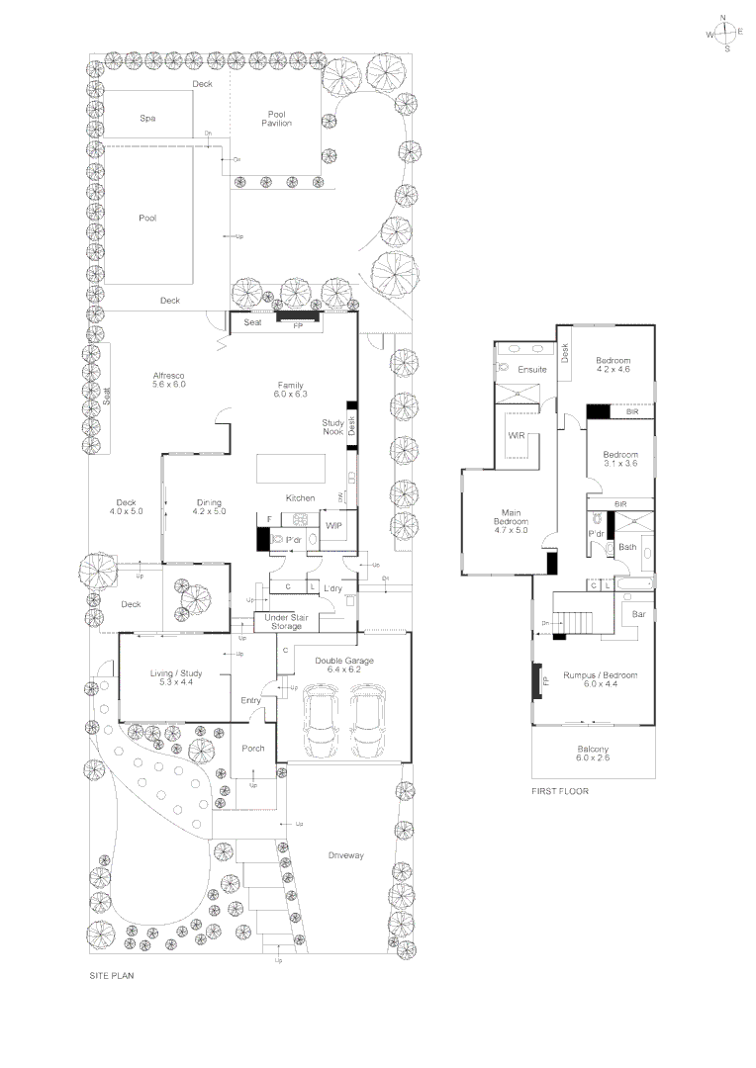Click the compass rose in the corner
pyautogui.click(x=725, y=33)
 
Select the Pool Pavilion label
pyautogui.click(x=276, y=119)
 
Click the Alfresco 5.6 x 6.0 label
pyautogui.click(x=169, y=381)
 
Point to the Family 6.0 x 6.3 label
pyautogui.click(x=290, y=390)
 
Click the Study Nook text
pyautogui.click(x=332, y=427)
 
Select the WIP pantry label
pyautogui.click(x=332, y=525)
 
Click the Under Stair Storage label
pyautogui.click(x=281, y=621)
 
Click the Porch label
pyautogui.click(x=253, y=749)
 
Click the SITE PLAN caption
pyautogui.click(x=111, y=975)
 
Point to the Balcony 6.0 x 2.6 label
pyautogui.click(x=593, y=754)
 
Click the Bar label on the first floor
pyautogui.click(x=639, y=614)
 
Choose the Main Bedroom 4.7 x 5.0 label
pyautogui.click(x=512, y=522)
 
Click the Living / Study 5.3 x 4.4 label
pyautogui.click(x=176, y=678)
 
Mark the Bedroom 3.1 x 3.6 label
pyautogui.click(x=621, y=459)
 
